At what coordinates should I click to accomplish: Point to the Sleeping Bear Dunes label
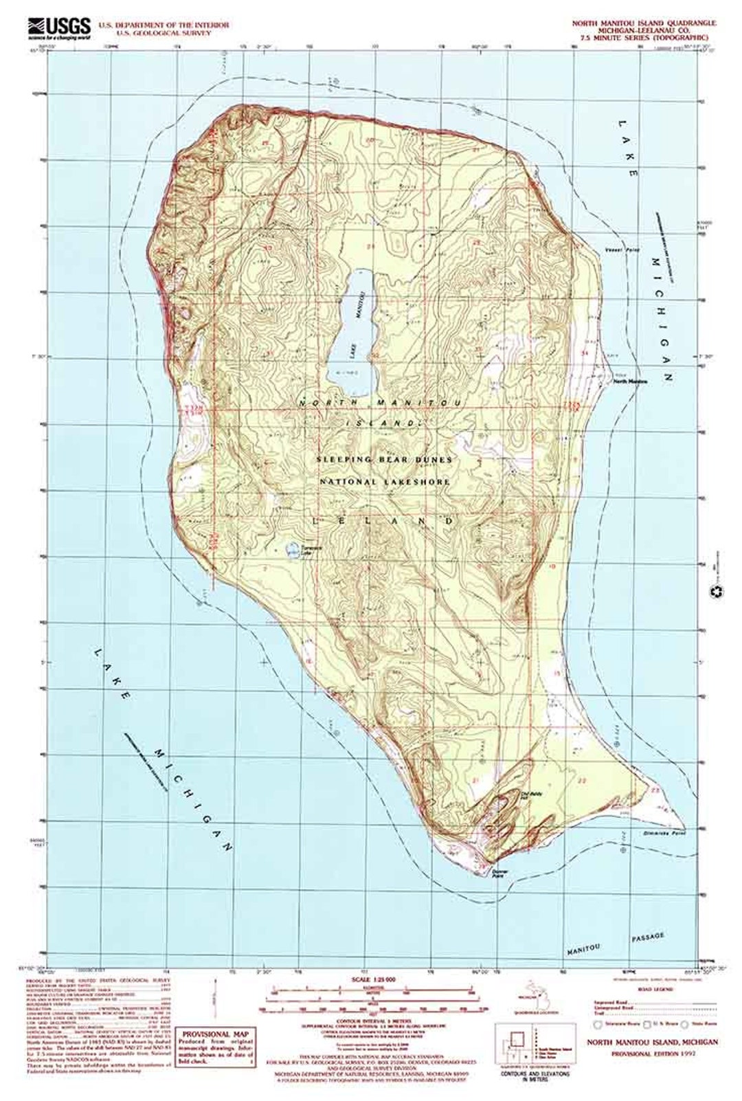[x=384, y=459]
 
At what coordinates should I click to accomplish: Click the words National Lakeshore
[x=385, y=482]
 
